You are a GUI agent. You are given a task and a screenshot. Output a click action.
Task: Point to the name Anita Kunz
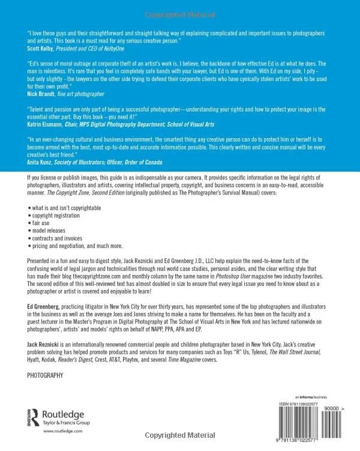tap(40, 162)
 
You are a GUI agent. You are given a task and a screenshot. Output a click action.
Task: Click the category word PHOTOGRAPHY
tap(46, 375)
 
